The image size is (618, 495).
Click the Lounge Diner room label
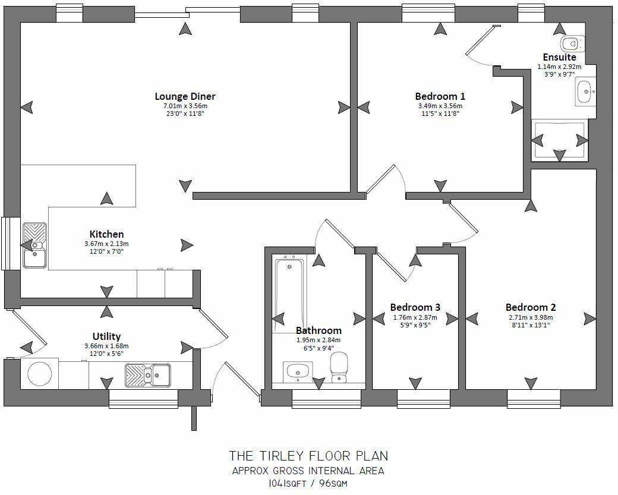(185, 96)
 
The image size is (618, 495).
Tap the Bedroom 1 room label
(440, 96)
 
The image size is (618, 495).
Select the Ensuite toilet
(570, 42)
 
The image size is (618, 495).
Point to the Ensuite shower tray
(559, 140)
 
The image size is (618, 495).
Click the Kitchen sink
(34, 245)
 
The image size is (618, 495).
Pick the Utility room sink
(147, 373)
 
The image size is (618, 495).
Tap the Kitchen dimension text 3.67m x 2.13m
(106, 244)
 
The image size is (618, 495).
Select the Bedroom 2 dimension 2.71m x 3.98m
(531, 317)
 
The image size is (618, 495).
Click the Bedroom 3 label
(415, 307)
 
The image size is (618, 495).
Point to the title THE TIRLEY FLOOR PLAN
(308, 456)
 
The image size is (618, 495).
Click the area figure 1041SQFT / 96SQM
(308, 484)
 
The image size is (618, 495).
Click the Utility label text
(106, 336)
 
